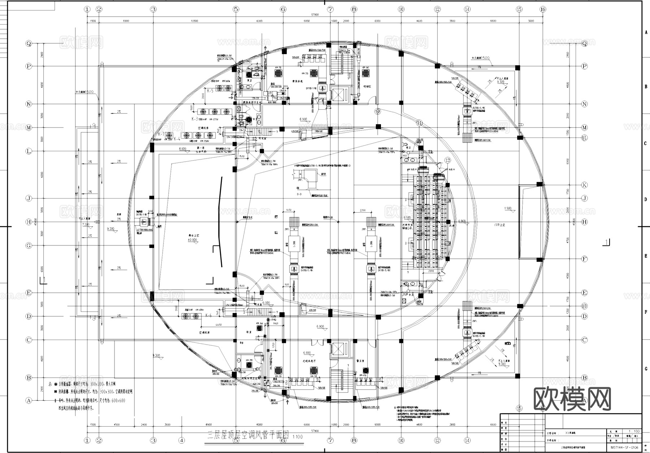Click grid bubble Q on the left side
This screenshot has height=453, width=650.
pos(29,43)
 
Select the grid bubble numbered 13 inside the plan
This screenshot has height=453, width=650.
pos(448,160)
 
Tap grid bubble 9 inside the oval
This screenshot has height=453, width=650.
pos(378,112)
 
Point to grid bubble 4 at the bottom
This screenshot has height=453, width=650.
pos(182,440)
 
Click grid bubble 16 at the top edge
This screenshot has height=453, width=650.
pos(542,9)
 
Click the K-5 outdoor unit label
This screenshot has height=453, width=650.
pos(210,91)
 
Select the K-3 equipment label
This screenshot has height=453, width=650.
pos(195,118)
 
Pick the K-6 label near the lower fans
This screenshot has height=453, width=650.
pos(208,315)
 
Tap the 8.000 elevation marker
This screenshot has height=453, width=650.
pos(182,148)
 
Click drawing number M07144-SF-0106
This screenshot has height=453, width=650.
pos(624,448)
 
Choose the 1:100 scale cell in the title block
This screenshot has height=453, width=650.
pos(634,431)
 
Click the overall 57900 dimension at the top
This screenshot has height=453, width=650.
pos(315,15)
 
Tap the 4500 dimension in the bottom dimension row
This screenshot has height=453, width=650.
pos(117,424)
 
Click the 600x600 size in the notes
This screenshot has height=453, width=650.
pos(118,400)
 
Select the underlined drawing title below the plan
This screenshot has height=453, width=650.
pos(247,435)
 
